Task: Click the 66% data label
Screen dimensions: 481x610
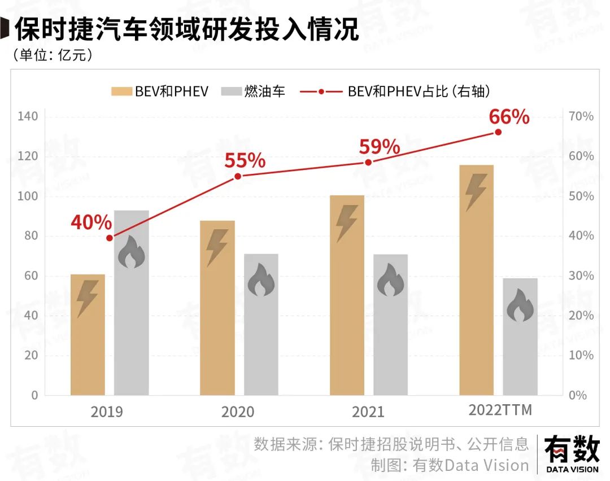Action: tap(509, 117)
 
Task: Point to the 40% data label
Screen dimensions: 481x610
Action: tap(91, 222)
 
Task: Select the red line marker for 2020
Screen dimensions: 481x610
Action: tap(238, 177)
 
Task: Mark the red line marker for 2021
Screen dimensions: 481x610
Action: tap(368, 162)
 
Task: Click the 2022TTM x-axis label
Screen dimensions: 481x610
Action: tap(500, 410)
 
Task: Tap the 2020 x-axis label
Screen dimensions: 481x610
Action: tap(237, 412)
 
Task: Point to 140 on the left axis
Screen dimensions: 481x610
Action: tap(27, 117)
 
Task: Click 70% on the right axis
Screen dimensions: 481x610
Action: tap(580, 117)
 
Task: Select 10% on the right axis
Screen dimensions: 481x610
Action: tap(580, 356)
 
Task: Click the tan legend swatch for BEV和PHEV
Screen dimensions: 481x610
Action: tap(121, 91)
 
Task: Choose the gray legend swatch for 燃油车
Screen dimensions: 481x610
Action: tap(230, 91)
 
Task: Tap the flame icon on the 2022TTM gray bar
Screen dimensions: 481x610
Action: tap(520, 308)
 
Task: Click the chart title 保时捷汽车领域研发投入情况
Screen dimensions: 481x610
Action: tap(187, 30)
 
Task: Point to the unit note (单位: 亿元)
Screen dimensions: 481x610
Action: tap(51, 55)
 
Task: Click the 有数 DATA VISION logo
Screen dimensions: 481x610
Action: tap(572, 454)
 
